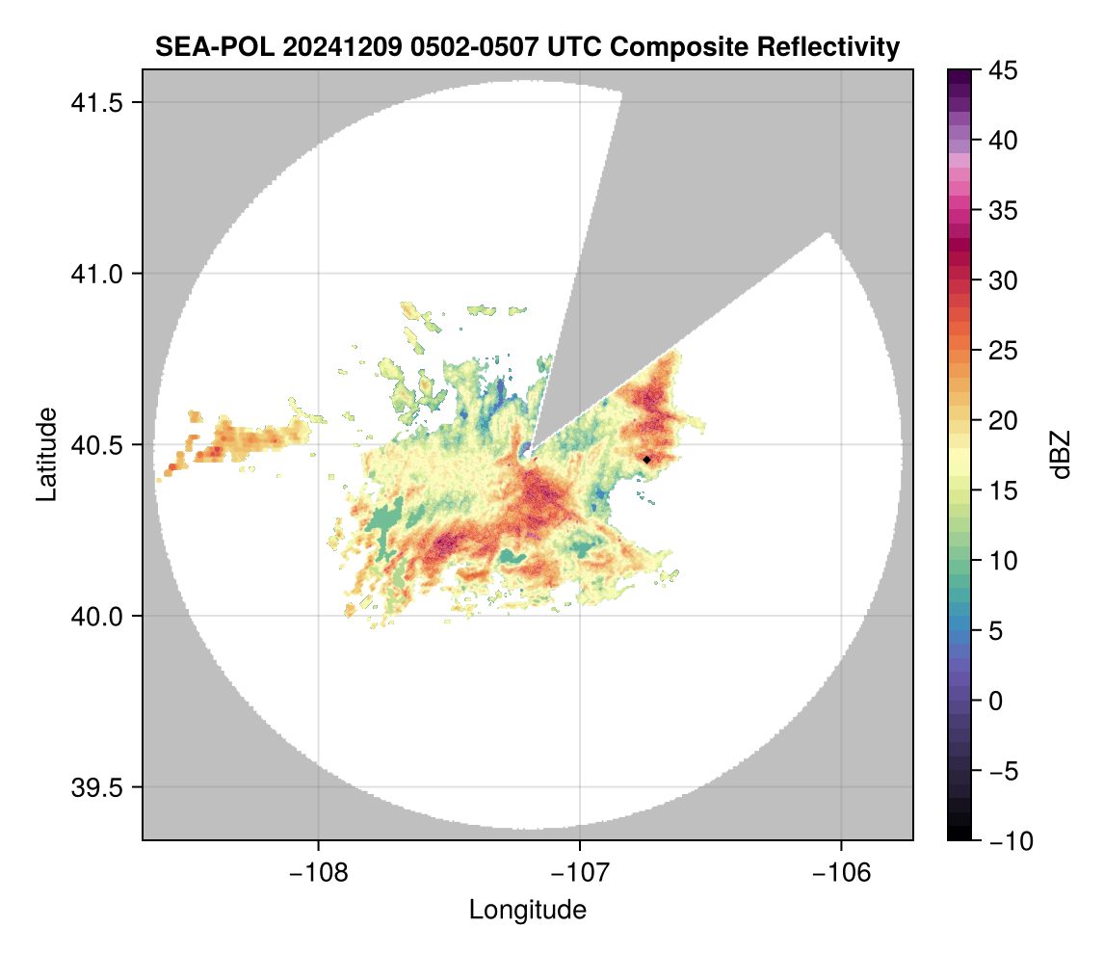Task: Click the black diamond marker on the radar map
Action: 646,460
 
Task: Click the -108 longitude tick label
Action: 318,871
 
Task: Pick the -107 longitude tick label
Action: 580,871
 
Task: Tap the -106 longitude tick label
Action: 842,871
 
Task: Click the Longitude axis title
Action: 527,910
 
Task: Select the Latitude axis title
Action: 46,454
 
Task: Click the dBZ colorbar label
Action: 1061,455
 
